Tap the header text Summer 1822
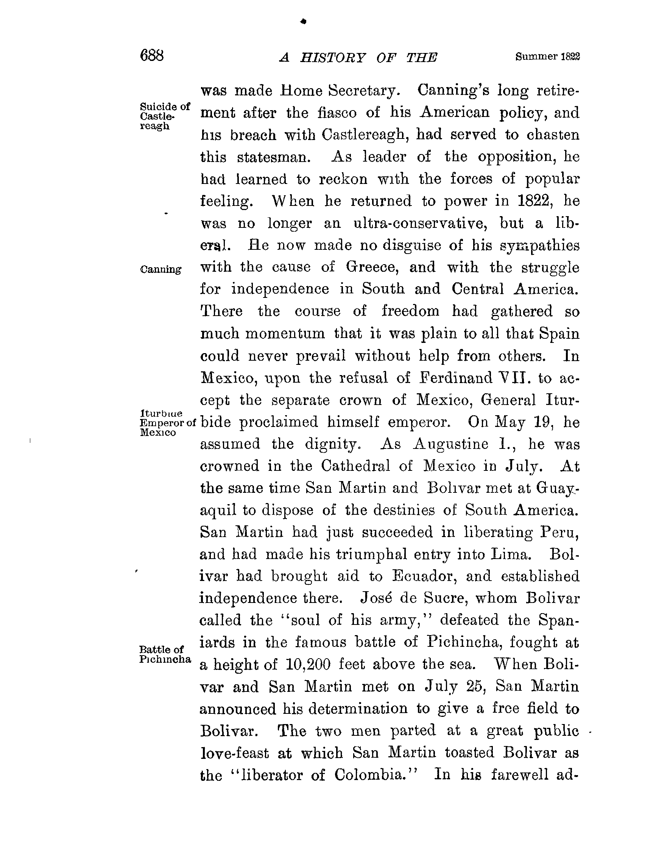547,57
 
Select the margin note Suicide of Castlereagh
165,116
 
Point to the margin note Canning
160,269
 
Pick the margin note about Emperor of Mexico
167,422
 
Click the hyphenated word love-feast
235,753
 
